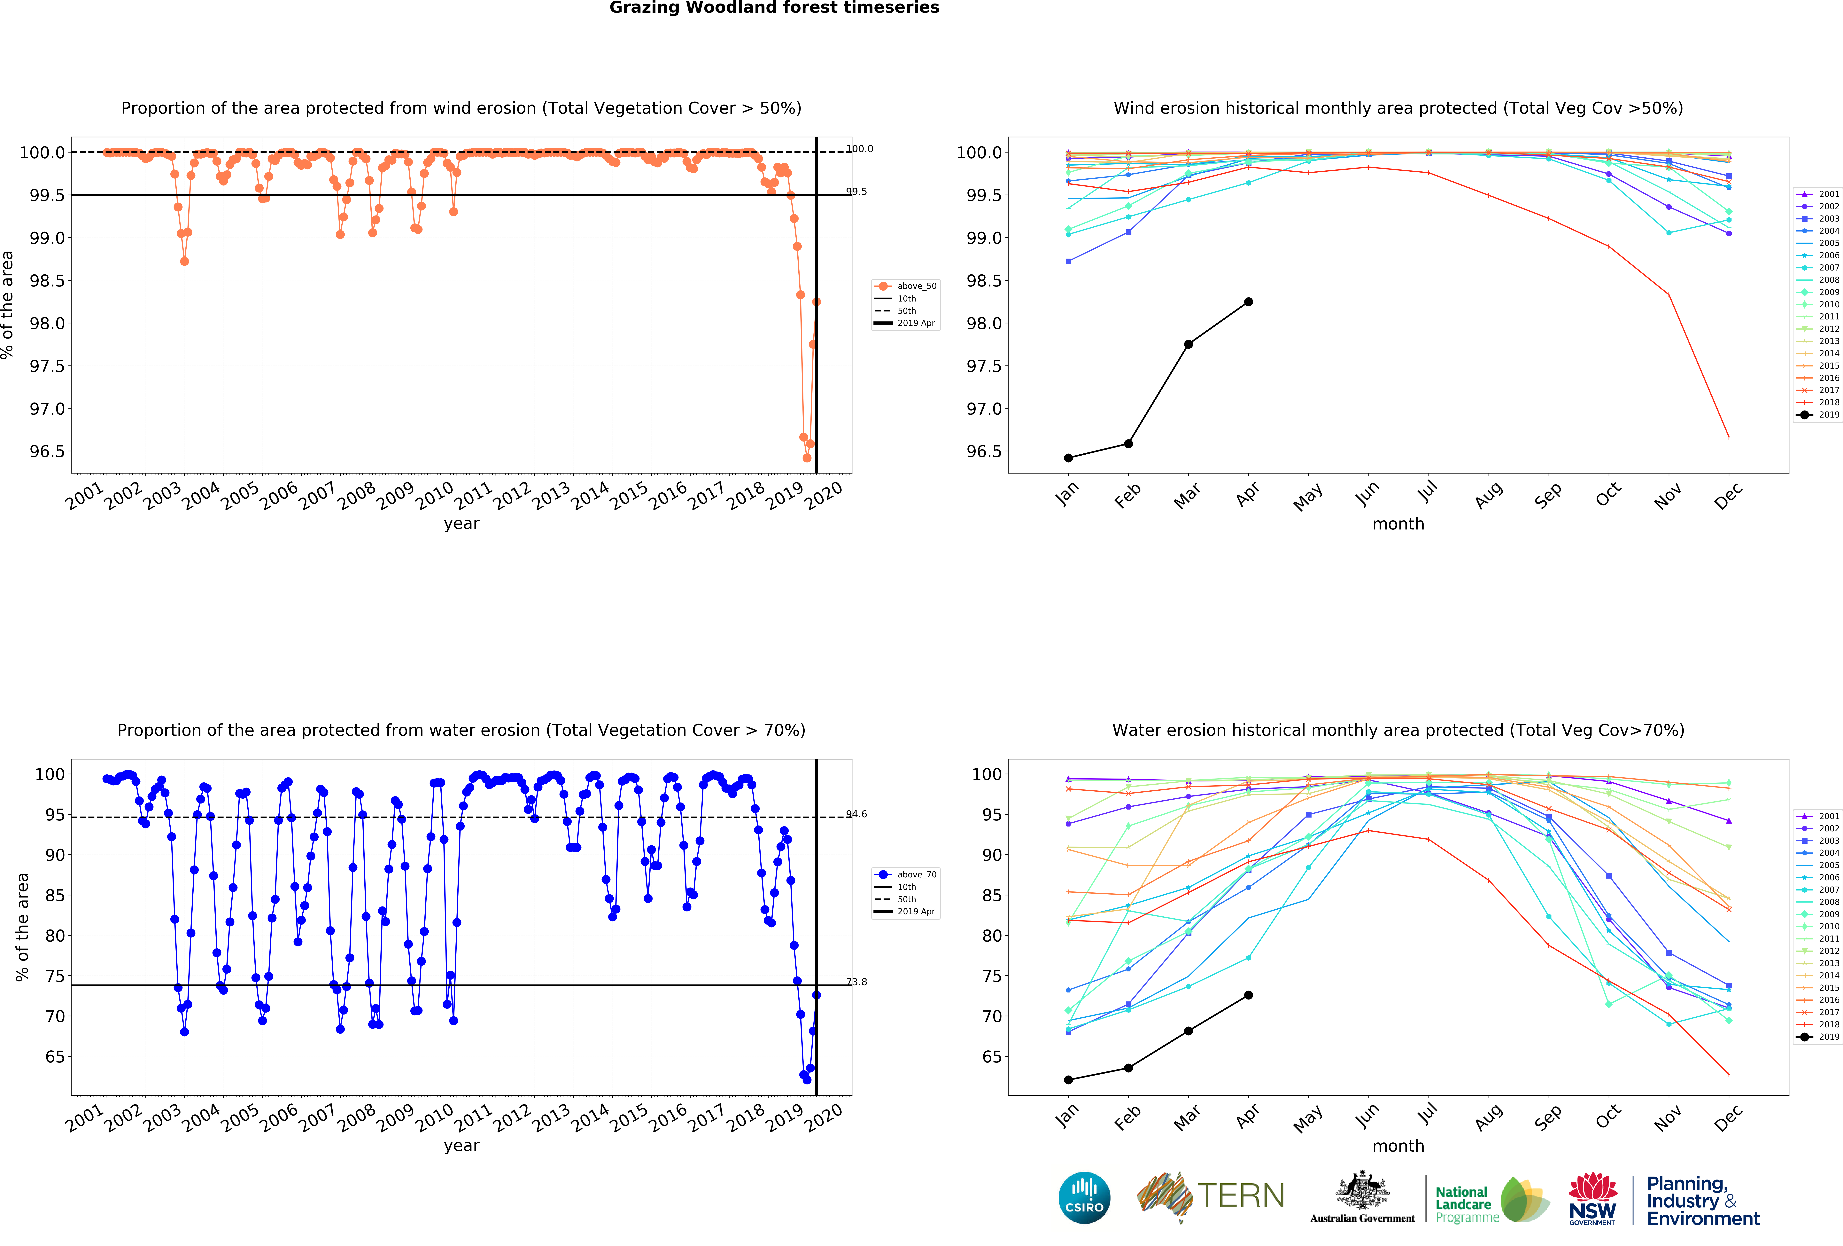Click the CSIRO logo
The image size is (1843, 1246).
coord(1084,1198)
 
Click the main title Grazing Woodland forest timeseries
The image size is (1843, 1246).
coord(774,8)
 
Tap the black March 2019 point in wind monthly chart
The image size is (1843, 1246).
coord(1188,344)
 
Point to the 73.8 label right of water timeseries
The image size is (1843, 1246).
coord(856,982)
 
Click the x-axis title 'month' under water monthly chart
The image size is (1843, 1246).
coord(1398,1146)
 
